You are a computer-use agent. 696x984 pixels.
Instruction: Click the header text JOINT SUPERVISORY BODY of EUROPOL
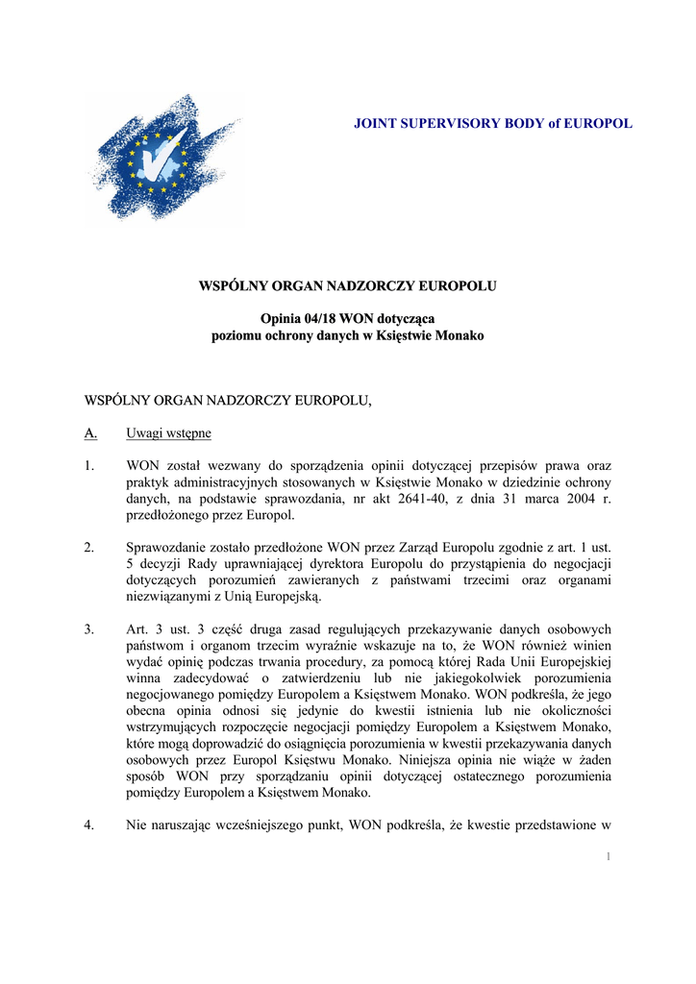click(x=493, y=124)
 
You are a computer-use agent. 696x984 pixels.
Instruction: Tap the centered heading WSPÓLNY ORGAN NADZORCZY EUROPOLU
click(x=347, y=285)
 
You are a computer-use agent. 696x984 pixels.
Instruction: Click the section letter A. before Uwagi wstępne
click(x=90, y=433)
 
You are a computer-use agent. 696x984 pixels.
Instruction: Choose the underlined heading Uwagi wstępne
click(x=168, y=433)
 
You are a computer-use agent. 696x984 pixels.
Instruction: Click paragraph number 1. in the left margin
click(x=89, y=466)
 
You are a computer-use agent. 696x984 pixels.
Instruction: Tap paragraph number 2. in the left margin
click(x=89, y=548)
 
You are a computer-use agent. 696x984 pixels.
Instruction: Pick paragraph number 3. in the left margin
click(x=89, y=629)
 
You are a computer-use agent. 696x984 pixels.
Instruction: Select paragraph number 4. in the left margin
click(x=89, y=824)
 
